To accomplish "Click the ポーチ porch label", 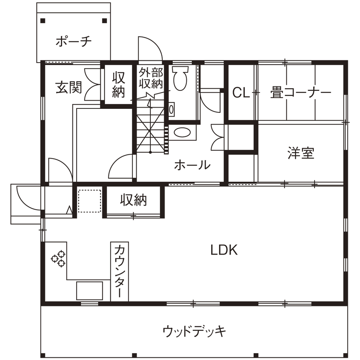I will pyautogui.click(x=74, y=42).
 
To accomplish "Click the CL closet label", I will pyautogui.click(x=241, y=93).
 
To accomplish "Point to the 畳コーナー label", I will pyautogui.click(x=301, y=93).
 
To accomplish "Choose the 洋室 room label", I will pyautogui.click(x=301, y=153).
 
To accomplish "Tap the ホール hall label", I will pyautogui.click(x=192, y=165).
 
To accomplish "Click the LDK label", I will pyautogui.click(x=224, y=250).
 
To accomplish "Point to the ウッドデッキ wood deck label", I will pyautogui.click(x=194, y=331).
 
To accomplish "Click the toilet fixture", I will pyautogui.click(x=180, y=78).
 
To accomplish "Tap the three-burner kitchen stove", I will pyautogui.click(x=58, y=258).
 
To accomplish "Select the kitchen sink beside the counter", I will pyautogui.click(x=90, y=291).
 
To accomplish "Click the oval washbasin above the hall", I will pyautogui.click(x=183, y=132).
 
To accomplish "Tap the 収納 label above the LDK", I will pyautogui.click(x=133, y=200).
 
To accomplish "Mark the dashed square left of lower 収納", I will pyautogui.click(x=90, y=201).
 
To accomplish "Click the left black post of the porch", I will pyautogui.click(x=42, y=21).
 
